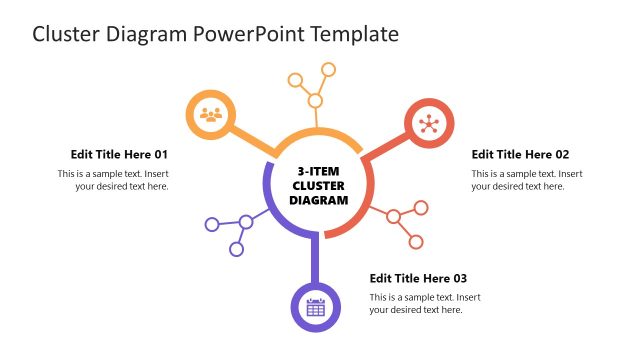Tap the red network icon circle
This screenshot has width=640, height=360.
pos(430,124)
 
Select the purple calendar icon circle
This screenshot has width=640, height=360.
pos(315,307)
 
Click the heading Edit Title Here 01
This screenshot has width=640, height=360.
pos(119,154)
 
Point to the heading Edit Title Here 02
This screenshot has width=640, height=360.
pos(520,154)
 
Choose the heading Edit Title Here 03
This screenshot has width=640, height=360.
pos(418,278)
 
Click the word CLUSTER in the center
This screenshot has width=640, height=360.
pos(319,186)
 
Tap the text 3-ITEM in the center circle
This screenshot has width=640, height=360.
pos(319,171)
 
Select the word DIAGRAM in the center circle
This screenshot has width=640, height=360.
pos(319,200)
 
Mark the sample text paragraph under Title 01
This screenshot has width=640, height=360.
pos(113,180)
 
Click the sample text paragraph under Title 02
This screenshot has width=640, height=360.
pos(527,180)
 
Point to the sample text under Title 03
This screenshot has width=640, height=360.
pos(425,304)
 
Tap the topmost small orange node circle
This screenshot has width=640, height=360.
pos(327,69)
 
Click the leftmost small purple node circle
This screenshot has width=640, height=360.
pos(211,224)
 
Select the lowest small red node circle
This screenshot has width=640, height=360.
pos(416,242)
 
